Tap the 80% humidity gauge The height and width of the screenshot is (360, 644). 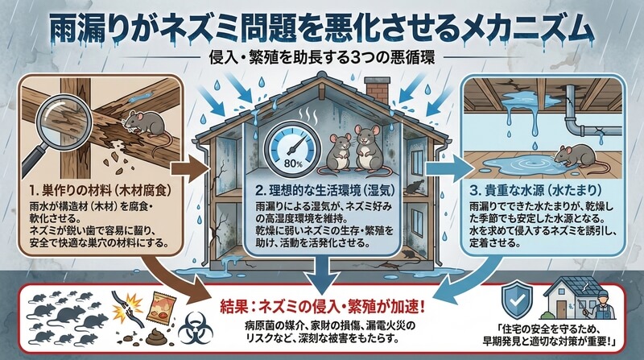tap(293, 148)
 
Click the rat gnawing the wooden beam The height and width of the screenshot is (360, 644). tap(145, 126)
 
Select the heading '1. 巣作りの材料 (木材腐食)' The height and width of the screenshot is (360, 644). tap(101, 190)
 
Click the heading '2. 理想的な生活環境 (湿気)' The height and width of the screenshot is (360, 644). tap(325, 190)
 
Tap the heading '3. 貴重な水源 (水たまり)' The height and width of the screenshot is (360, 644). tap(536, 190)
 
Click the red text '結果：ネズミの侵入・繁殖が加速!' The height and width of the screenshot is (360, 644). tap(323, 307)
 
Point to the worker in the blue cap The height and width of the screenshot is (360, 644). tap(601, 305)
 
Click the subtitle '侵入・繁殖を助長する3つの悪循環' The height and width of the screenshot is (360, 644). tap(323, 58)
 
